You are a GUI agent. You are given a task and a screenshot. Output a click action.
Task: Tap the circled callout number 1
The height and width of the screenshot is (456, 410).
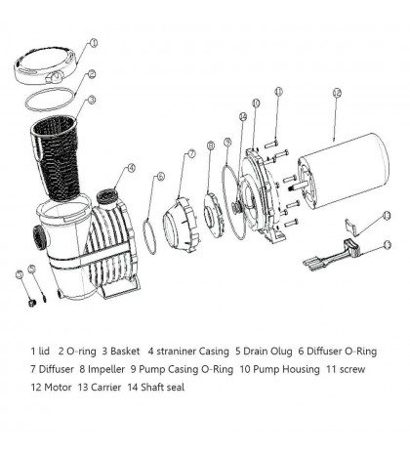pos(94,43)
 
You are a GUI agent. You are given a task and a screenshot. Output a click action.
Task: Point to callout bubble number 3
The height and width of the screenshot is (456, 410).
pos(91,99)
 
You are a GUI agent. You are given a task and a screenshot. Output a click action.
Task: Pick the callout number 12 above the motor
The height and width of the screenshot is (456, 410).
pos(336,95)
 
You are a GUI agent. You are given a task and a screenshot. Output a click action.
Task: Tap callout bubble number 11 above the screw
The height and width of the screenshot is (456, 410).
pos(277,93)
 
